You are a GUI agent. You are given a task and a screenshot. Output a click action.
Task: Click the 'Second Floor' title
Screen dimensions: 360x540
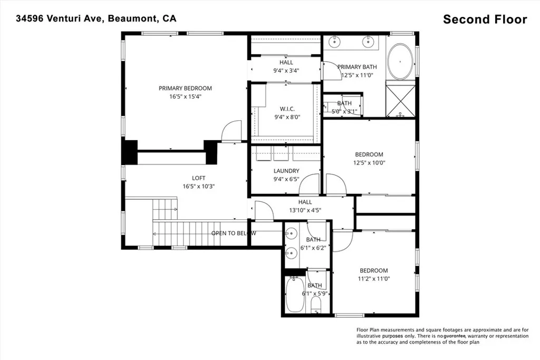pyautogui.click(x=485, y=20)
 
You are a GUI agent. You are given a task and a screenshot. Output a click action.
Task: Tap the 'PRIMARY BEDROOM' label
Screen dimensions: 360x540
pyautogui.click(x=185, y=88)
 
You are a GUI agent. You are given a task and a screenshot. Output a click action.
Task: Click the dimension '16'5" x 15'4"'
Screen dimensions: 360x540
pyautogui.click(x=185, y=96)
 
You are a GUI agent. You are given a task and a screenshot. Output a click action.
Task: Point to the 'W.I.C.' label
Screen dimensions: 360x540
pyautogui.click(x=280, y=109)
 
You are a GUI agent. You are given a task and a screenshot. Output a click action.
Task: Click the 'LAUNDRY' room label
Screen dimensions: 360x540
pyautogui.click(x=286, y=171)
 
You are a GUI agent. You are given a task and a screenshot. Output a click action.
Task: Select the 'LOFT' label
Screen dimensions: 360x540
pyautogui.click(x=198, y=178)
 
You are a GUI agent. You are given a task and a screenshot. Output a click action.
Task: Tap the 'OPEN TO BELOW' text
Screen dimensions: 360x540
pyautogui.click(x=234, y=233)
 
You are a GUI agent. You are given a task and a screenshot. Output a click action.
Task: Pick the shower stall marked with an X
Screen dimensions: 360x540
pyautogui.click(x=401, y=100)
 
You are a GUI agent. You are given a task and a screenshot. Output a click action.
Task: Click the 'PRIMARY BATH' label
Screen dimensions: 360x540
pyautogui.click(x=357, y=67)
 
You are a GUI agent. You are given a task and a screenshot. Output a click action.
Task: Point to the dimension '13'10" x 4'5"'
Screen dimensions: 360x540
pyautogui.click(x=305, y=210)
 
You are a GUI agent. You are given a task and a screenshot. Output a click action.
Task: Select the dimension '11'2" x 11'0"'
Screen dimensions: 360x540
pyautogui.click(x=374, y=279)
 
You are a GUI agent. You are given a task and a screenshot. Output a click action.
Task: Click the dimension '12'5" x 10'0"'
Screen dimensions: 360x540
pyautogui.click(x=369, y=163)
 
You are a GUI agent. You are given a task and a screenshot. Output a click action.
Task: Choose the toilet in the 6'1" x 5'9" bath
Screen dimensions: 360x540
pyautogui.click(x=316, y=304)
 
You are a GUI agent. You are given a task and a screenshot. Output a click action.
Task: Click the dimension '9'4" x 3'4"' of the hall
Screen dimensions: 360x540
pyautogui.click(x=286, y=71)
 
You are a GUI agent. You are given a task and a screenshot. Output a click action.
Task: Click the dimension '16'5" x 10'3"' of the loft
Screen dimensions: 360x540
pyautogui.click(x=198, y=186)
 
